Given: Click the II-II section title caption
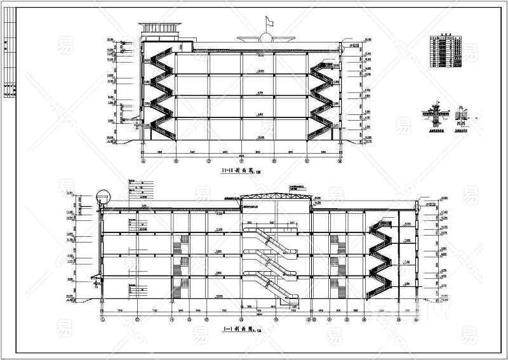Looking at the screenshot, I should [x=235, y=171].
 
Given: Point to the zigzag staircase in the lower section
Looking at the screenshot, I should [x=381, y=254].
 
